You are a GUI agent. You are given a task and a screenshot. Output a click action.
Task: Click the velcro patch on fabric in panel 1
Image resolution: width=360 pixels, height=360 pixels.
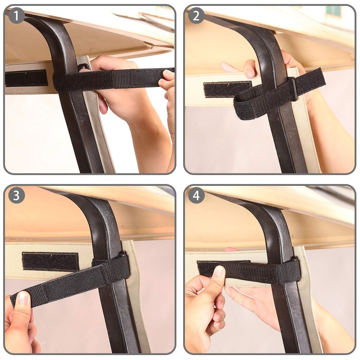coord(26,78)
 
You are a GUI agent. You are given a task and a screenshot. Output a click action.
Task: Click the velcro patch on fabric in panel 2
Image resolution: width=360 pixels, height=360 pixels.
coord(227,89)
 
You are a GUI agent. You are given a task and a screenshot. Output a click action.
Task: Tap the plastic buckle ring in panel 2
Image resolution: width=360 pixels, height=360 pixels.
coord(292,89)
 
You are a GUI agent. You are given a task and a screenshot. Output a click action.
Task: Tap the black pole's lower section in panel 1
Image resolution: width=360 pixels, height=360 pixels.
coord(85,144)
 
